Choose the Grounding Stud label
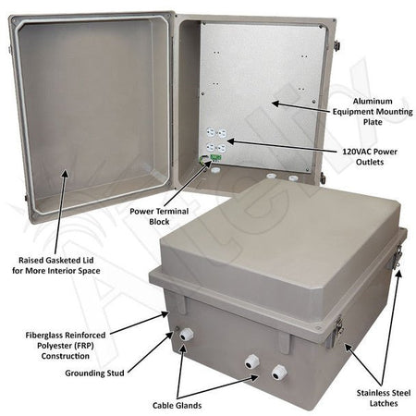click(x=85, y=375)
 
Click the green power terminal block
click(x=214, y=159)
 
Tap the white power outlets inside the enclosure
click(x=214, y=140)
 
